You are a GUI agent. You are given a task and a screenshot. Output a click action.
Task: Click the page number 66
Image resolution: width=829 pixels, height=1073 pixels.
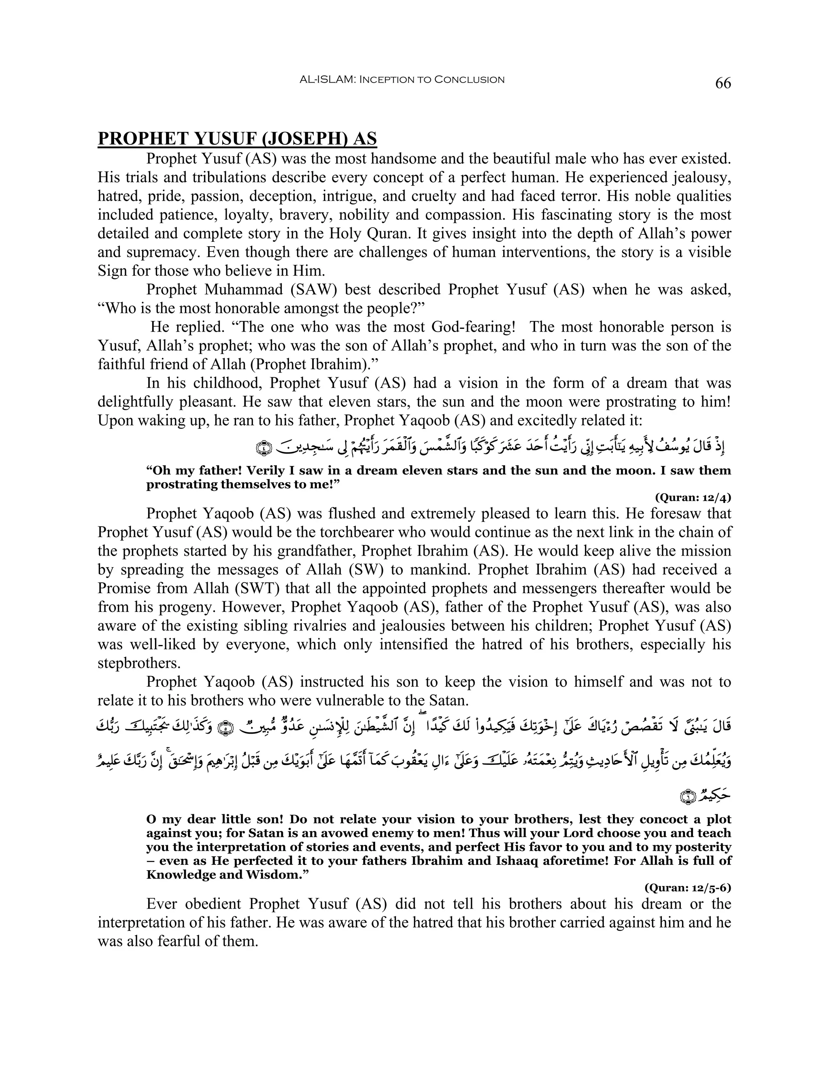(723, 83)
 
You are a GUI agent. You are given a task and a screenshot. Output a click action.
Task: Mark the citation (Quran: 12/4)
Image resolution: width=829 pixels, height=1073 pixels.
(693, 497)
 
